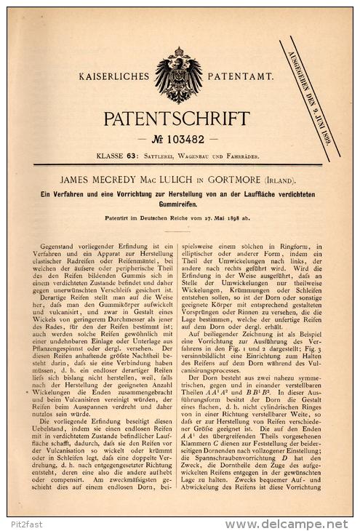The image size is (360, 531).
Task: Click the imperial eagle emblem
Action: pos(178,75)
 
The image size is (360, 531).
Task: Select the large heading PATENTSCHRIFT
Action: pos(179,119)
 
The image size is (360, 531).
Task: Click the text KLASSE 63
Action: pos(113,156)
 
